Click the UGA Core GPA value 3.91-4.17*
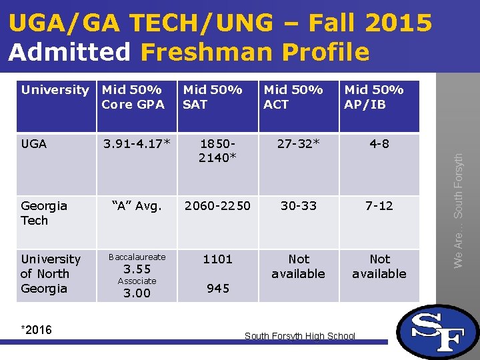click(137, 143)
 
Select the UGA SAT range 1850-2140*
click(217, 151)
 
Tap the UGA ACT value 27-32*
click(299, 143)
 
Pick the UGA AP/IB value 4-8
click(379, 143)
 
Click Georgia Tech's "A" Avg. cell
click(137, 206)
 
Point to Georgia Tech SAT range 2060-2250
click(218, 206)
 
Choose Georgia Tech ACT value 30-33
click(299, 206)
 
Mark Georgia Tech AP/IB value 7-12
click(379, 206)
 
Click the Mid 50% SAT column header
click(213, 97)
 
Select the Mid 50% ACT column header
click(293, 97)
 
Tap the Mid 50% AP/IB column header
click(374, 97)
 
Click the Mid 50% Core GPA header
click(133, 97)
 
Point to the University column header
click(55, 90)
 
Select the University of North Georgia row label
click(51, 273)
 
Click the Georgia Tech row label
click(44, 213)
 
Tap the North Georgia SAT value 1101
click(217, 259)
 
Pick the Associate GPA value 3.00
click(137, 293)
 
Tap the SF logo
click(437, 331)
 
